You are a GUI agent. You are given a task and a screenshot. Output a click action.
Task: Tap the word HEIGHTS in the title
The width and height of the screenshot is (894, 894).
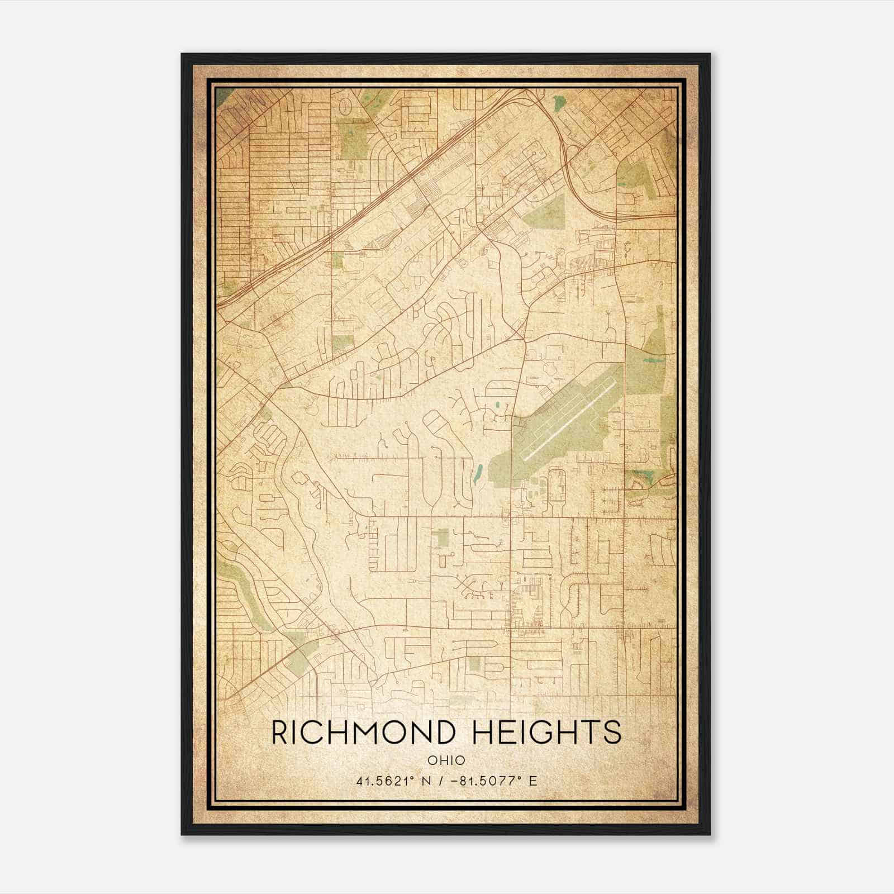(546, 733)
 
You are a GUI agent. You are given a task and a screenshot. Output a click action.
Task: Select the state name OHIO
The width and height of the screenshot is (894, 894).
(446, 760)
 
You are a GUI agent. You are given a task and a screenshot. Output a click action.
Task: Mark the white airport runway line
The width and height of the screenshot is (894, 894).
(569, 420)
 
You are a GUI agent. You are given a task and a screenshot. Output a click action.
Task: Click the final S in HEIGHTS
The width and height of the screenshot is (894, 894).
(613, 733)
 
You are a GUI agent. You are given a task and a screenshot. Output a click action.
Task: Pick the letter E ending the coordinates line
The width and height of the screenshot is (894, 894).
(533, 781)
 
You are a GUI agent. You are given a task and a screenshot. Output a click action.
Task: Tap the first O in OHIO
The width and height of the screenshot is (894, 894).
(432, 760)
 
